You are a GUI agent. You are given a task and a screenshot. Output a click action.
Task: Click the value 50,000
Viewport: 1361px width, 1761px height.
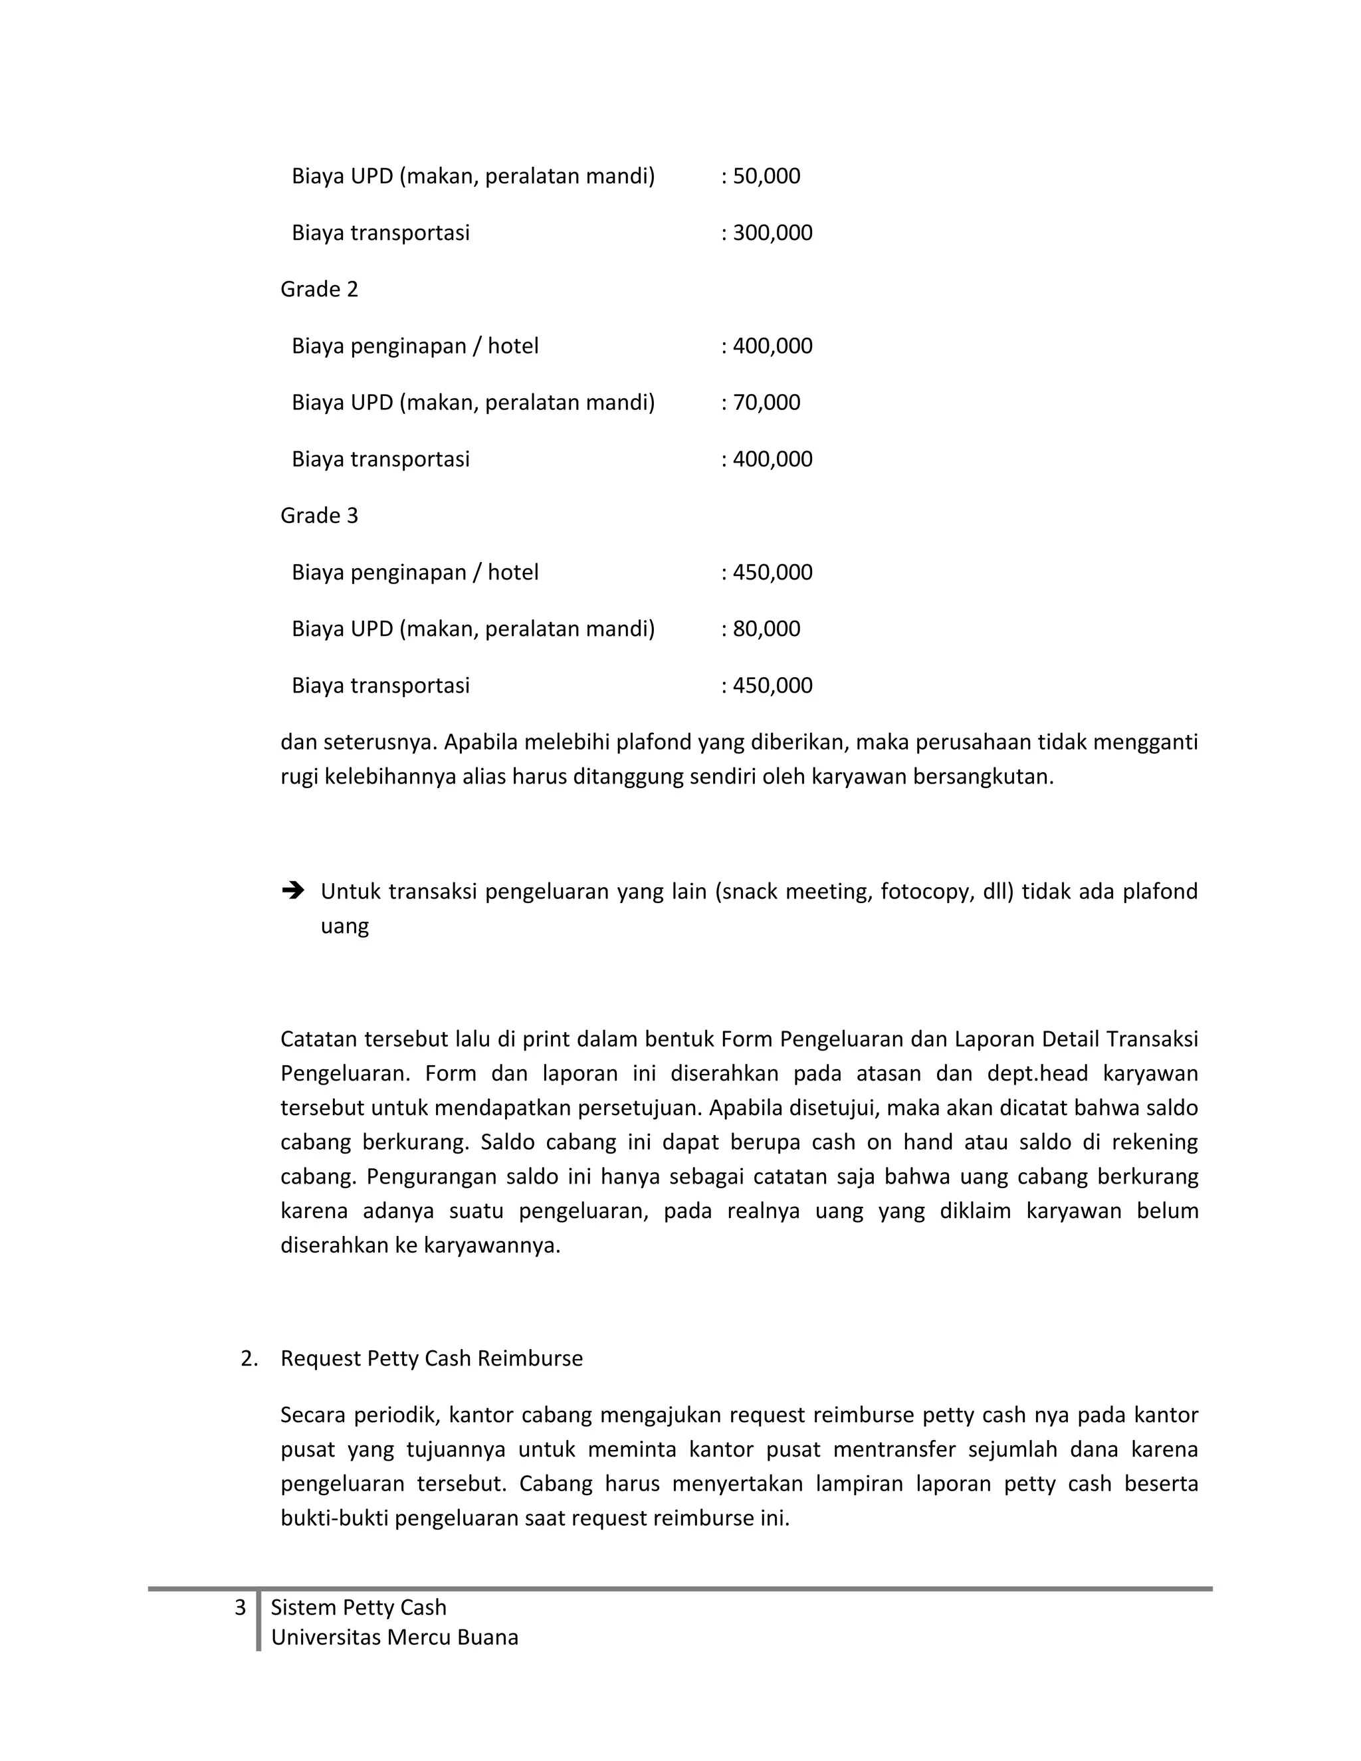[766, 176]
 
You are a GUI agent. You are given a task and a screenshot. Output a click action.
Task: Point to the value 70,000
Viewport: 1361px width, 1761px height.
[766, 402]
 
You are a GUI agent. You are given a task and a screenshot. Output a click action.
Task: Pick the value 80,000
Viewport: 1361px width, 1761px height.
[766, 629]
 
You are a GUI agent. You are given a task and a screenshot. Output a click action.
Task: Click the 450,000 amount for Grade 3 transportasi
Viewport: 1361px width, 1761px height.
[772, 685]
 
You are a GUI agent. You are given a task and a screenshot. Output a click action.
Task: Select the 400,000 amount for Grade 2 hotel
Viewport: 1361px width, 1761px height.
[772, 346]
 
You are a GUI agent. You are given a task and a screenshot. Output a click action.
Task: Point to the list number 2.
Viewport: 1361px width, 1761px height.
[249, 1359]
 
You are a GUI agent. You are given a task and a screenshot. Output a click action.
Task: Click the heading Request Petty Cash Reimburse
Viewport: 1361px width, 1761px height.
[431, 1359]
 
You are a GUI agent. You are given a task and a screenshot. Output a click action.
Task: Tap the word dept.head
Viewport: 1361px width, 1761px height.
[1037, 1074]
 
